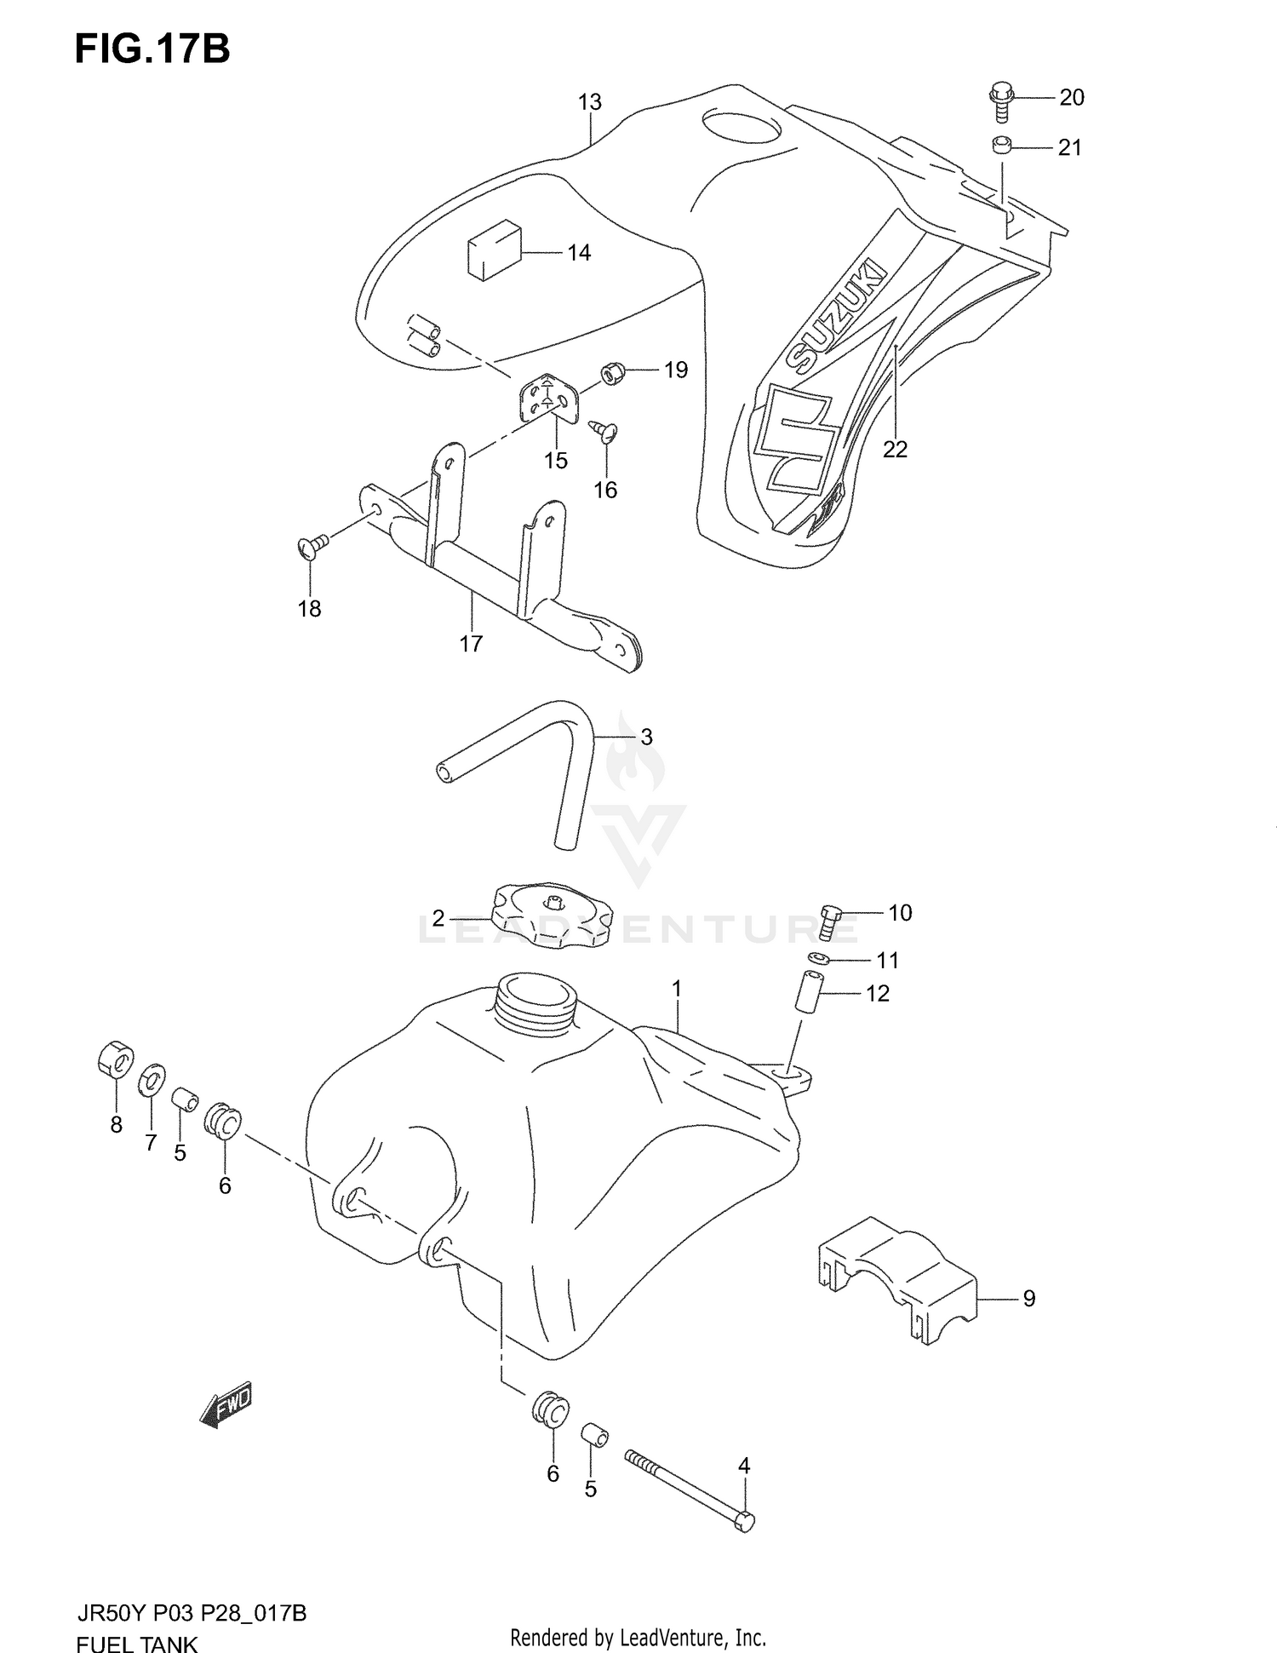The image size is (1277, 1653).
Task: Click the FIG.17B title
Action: (152, 49)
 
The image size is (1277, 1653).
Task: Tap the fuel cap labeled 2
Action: (553, 916)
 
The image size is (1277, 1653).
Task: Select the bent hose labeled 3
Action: (545, 757)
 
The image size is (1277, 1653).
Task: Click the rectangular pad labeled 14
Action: (493, 248)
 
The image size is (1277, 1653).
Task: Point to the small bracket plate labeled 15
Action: (546, 398)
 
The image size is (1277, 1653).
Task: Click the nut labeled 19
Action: (611, 372)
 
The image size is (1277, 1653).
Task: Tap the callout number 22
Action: (895, 449)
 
